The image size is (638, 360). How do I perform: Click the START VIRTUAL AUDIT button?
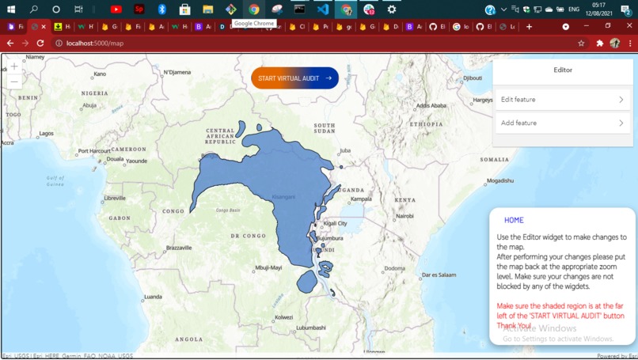coord(294,78)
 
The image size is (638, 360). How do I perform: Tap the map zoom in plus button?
coord(14,66)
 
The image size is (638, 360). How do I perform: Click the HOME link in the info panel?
coord(514,220)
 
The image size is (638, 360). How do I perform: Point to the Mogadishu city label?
coord(500,181)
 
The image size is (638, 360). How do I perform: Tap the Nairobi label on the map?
coord(404,216)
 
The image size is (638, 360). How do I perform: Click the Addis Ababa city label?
coord(431,106)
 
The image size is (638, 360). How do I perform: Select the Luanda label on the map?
coord(153,297)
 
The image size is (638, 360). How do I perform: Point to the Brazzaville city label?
coord(179,248)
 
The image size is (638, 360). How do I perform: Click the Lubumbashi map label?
coord(310,328)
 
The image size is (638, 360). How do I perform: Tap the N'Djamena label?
coord(177,73)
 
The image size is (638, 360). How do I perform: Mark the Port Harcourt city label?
coord(93,151)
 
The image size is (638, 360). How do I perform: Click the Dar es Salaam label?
coord(439,275)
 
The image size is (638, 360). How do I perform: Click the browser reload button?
coord(40,44)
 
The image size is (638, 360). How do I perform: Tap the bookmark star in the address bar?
coord(581,44)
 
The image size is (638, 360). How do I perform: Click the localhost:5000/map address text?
coord(95,44)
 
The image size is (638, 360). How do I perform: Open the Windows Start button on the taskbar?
coord(11,9)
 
